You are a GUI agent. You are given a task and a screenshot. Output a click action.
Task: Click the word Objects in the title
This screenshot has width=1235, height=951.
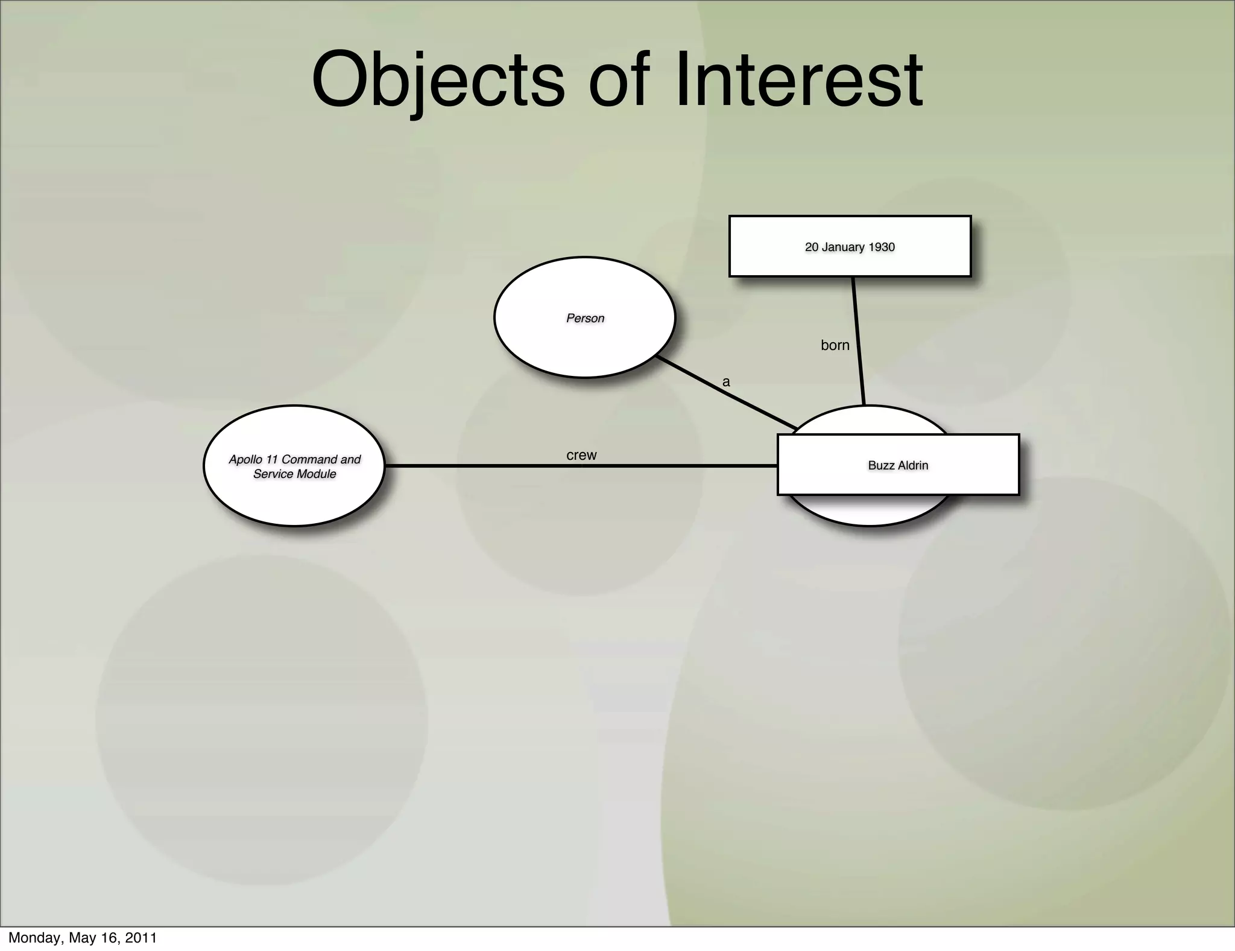[438, 80]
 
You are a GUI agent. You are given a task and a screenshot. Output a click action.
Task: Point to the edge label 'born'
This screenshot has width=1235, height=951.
[835, 345]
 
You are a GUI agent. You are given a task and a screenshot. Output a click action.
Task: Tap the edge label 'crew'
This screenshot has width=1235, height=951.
[581, 455]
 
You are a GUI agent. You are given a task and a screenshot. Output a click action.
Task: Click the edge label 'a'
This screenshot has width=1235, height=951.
[726, 382]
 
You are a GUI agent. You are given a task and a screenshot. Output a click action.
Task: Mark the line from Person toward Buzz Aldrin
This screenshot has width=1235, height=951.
[724, 392]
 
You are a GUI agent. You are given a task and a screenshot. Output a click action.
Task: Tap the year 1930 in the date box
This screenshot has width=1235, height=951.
[882, 247]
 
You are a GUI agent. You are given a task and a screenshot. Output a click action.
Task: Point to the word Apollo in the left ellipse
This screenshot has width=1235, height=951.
[245, 459]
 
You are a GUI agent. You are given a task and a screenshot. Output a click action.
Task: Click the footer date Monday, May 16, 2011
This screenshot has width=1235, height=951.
[83, 938]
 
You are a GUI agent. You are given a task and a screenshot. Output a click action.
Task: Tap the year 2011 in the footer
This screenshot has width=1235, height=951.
[142, 938]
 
